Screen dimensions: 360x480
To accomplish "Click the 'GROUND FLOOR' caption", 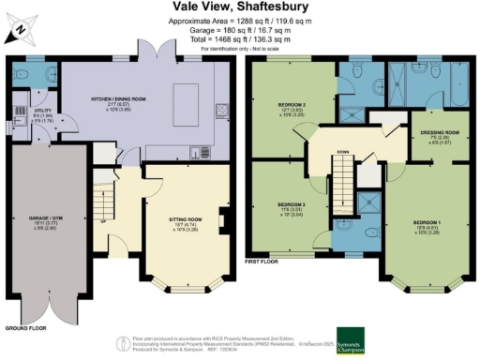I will pos(23,329).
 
